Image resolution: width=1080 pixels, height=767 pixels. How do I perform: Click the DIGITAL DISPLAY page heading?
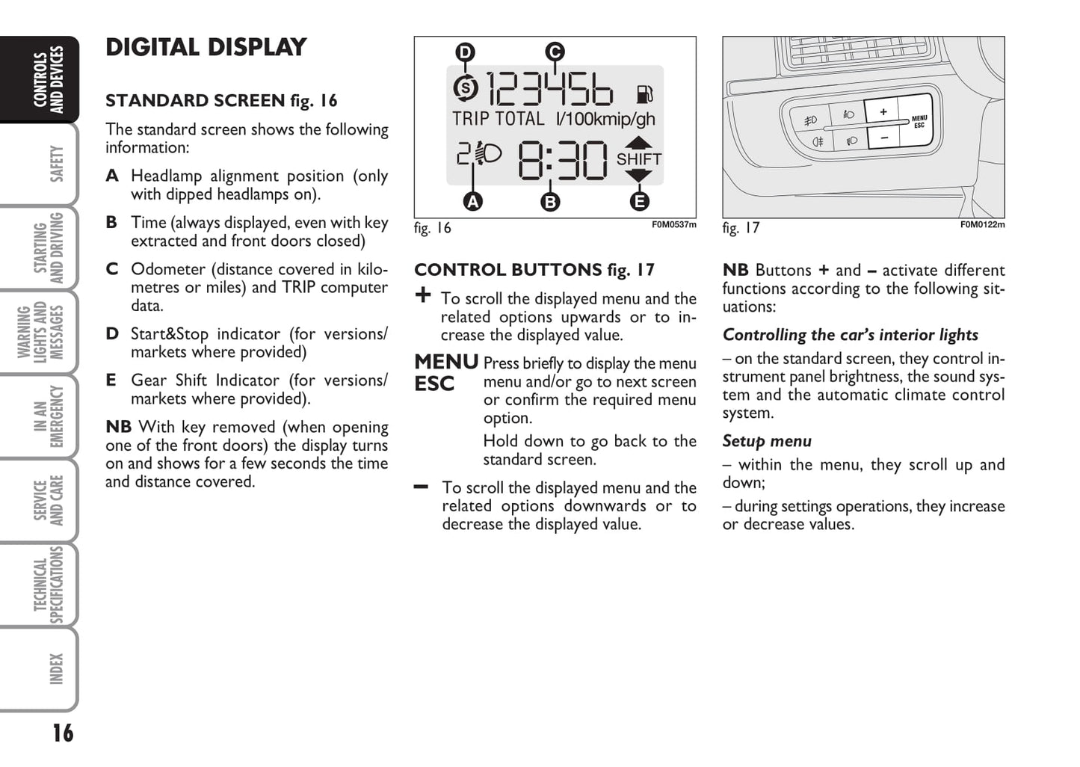pyautogui.click(x=206, y=47)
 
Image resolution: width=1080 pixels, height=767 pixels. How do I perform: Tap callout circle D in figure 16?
pyautogui.click(x=465, y=52)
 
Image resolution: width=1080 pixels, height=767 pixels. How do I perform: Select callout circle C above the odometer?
pyautogui.click(x=554, y=52)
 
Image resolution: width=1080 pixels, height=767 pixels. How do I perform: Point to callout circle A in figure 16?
pyautogui.click(x=472, y=201)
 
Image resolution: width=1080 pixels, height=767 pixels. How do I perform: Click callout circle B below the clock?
pyautogui.click(x=550, y=202)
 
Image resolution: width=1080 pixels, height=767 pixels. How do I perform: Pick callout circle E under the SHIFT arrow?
pyautogui.click(x=639, y=201)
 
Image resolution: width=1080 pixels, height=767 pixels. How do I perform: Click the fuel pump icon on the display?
pyautogui.click(x=644, y=94)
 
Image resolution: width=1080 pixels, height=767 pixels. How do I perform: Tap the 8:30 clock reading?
pyautogui.click(x=563, y=160)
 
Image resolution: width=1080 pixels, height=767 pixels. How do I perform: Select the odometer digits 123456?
pyautogui.click(x=549, y=90)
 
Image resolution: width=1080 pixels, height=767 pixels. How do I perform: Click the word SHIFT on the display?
pyautogui.click(x=638, y=159)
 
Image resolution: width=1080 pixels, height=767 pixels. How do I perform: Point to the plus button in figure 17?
pyautogui.click(x=883, y=112)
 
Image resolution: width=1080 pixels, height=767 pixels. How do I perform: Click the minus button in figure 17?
pyautogui.click(x=884, y=138)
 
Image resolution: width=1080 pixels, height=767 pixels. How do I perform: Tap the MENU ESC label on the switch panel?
pyautogui.click(x=919, y=121)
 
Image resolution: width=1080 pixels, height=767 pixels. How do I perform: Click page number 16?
pyautogui.click(x=63, y=733)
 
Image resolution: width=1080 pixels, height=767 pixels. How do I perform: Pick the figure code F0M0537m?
pyautogui.click(x=673, y=224)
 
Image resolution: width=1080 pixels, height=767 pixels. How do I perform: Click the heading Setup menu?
pyautogui.click(x=767, y=441)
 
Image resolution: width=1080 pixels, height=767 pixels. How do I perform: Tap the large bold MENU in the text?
pyautogui.click(x=446, y=362)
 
